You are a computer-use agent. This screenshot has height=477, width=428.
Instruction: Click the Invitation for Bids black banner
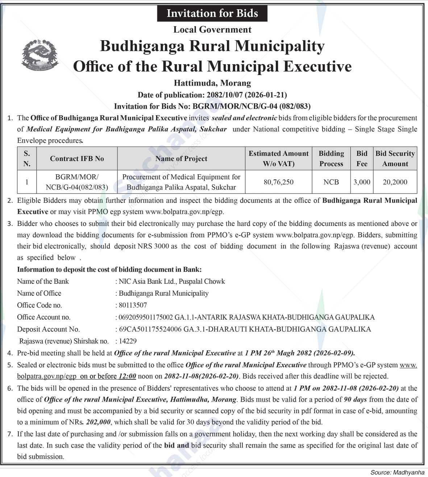(212, 13)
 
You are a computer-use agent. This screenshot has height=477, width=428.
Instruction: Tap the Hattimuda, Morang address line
(212, 83)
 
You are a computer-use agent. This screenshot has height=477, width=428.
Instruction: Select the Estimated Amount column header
(278, 158)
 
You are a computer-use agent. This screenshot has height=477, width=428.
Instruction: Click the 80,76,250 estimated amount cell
(278, 182)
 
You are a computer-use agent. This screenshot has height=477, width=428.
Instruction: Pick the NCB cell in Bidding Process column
(331, 182)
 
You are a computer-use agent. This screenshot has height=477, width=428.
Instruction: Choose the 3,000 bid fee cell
(362, 182)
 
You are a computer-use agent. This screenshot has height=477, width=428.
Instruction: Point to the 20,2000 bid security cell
(395, 182)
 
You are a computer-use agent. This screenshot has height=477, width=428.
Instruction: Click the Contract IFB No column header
(77, 158)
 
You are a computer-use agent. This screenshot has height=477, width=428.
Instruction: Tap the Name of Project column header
(181, 158)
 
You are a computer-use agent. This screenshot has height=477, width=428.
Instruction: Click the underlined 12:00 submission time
(127, 376)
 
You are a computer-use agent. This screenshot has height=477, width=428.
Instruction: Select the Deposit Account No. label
(48, 329)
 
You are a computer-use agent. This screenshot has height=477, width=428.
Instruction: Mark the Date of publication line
(212, 95)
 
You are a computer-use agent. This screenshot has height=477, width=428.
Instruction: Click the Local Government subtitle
(212, 30)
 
